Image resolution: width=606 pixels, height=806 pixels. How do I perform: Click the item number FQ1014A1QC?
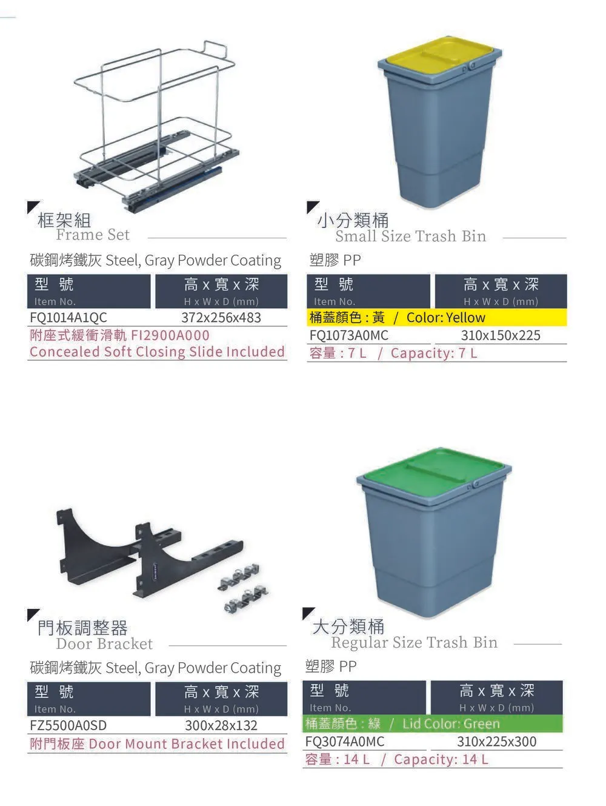click(68, 317)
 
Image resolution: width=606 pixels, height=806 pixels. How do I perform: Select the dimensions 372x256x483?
click(221, 317)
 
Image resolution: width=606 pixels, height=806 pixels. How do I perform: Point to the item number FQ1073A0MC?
click(349, 335)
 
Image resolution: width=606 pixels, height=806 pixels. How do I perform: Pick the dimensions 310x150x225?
click(501, 335)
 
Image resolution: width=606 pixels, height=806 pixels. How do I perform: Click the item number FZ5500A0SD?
click(68, 725)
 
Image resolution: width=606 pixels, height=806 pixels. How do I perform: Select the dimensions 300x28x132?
click(221, 725)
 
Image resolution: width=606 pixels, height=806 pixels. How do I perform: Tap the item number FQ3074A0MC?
click(345, 741)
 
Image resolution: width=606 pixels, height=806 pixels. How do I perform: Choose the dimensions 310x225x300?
click(497, 741)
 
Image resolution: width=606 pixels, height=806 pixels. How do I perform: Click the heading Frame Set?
click(93, 235)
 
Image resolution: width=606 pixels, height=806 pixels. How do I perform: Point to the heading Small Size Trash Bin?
click(411, 236)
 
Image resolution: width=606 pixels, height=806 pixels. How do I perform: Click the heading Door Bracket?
click(105, 643)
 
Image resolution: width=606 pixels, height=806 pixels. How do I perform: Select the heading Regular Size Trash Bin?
click(415, 642)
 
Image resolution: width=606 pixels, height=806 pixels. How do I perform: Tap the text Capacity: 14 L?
click(441, 759)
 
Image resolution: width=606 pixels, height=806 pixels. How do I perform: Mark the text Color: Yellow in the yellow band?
click(445, 317)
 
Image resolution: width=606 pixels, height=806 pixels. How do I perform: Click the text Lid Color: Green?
click(451, 724)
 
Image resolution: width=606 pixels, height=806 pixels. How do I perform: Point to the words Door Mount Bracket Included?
click(187, 744)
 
